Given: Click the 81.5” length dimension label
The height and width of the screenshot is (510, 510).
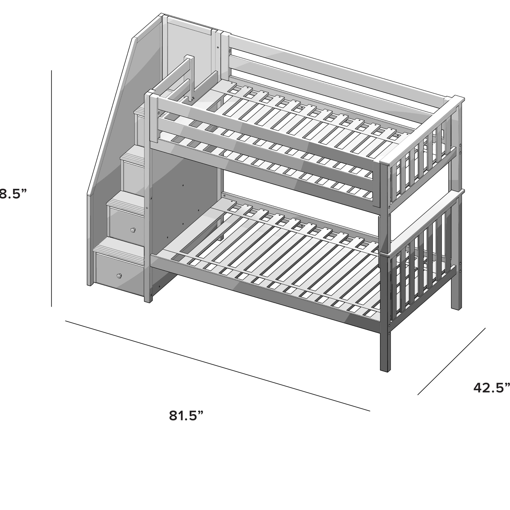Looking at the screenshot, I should click(186, 415).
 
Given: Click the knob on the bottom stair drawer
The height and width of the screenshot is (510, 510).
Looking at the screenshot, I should click(119, 276).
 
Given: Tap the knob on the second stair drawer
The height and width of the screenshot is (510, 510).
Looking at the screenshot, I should click(133, 230).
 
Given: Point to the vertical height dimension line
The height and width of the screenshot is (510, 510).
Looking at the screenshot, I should click(52, 188).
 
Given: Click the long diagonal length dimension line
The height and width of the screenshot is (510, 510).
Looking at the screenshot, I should click(218, 366).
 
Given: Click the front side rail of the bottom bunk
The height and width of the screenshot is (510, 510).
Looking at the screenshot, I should click(264, 293).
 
